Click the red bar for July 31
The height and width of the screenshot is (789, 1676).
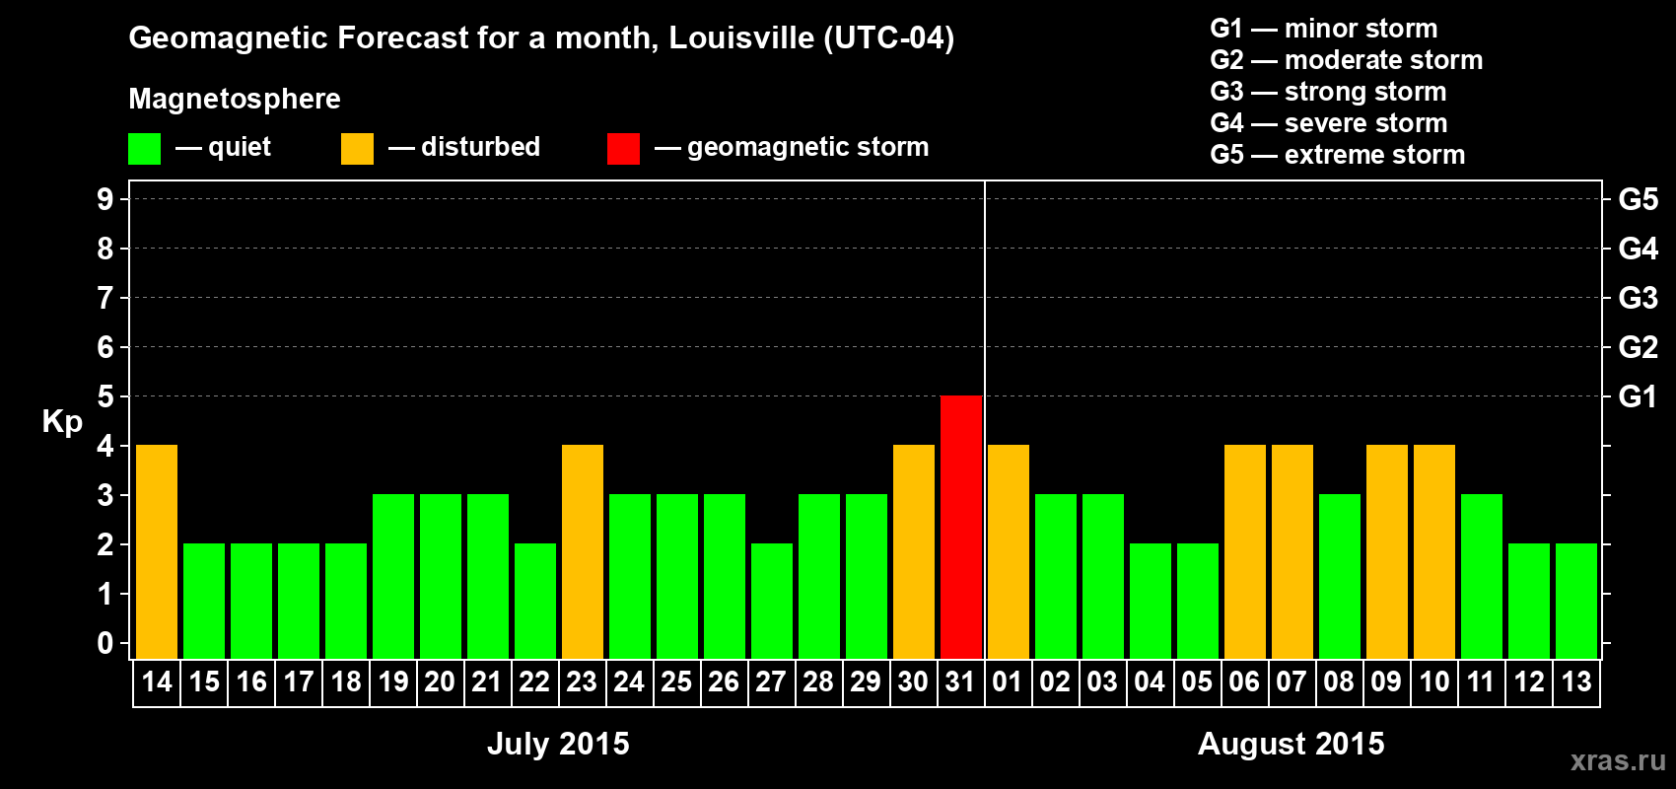961,527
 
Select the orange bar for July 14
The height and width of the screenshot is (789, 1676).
157,551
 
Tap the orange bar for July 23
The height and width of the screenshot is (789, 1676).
583,551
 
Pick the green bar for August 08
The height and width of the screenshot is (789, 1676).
1340,576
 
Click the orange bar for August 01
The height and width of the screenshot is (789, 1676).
1009,551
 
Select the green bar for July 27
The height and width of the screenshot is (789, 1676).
772,601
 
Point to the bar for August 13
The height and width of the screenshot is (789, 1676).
1576,601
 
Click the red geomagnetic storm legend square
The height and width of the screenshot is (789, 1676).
623,149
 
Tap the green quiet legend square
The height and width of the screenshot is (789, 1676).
144,149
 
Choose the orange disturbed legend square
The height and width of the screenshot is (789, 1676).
357,149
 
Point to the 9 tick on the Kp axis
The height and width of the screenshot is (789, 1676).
105,199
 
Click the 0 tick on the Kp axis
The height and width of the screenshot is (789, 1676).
105,644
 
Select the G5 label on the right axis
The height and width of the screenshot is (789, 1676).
1638,199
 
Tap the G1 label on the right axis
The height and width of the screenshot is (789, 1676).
1638,396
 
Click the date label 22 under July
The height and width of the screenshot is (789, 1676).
534,681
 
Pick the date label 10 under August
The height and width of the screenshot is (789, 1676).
1433,681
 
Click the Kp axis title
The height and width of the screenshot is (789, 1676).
62,421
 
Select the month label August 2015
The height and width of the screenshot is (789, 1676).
1291,744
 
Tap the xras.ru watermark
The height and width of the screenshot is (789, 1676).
1618,759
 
